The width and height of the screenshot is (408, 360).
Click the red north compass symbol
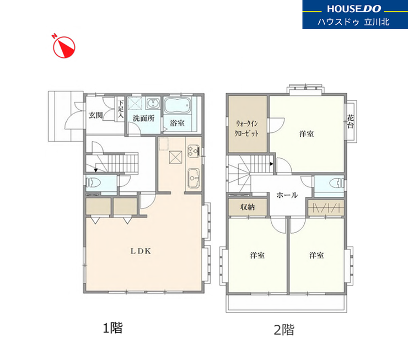pyautogui.click(x=64, y=47)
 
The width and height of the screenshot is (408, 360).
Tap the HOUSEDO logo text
pyautogui.click(x=354, y=9)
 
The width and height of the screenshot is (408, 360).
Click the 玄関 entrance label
pyautogui.click(x=96, y=115)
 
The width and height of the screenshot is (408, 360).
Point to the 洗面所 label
pyautogui.click(x=144, y=119)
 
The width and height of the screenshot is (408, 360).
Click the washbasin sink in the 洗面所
pyautogui.click(x=153, y=104)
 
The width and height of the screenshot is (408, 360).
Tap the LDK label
pyautogui.click(x=141, y=251)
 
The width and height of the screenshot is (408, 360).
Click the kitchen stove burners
pyautogui.click(x=194, y=151)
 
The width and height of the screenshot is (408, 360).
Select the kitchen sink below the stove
pyautogui.click(x=194, y=178)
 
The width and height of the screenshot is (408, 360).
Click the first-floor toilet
pyautogui.click(x=93, y=182)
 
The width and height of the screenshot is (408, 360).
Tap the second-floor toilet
pyautogui.click(x=336, y=183)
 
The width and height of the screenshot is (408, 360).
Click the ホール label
pyautogui.click(x=287, y=195)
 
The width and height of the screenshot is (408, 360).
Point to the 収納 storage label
pyautogui.click(x=248, y=207)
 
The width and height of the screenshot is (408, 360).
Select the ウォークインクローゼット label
pyautogui.click(x=246, y=128)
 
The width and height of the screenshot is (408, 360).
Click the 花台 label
pyautogui.click(x=351, y=121)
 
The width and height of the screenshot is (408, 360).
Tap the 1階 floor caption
pyautogui.click(x=112, y=327)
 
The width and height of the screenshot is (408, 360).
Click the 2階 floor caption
pyautogui.click(x=284, y=330)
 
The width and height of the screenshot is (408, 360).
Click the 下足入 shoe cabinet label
pyautogui.click(x=121, y=109)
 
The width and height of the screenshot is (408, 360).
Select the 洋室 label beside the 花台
pyautogui.click(x=307, y=134)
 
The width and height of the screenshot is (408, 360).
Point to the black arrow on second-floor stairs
pyautogui.click(x=271, y=164)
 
